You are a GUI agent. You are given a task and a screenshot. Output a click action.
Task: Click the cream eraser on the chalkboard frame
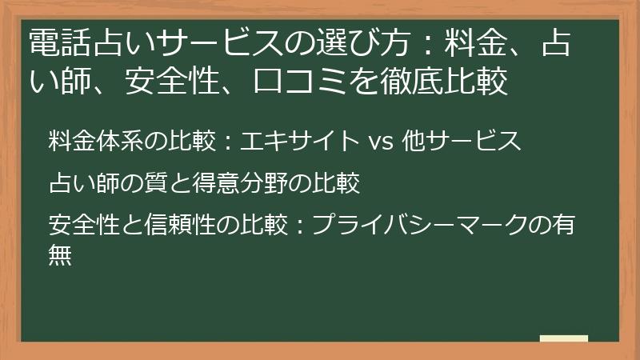point(564,339)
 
